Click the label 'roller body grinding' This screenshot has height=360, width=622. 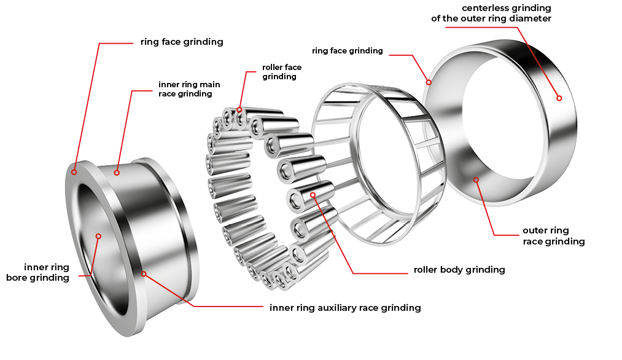(x=459, y=270)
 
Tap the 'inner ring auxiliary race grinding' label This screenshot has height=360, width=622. (x=345, y=308)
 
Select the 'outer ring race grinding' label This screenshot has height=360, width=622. (x=554, y=236)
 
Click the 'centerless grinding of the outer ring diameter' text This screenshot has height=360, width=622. (x=491, y=13)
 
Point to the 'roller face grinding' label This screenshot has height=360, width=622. (x=282, y=72)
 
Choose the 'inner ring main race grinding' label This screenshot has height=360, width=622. (x=189, y=89)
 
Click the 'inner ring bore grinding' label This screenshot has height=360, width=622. (x=37, y=272)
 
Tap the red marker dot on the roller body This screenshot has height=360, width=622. (x=313, y=195)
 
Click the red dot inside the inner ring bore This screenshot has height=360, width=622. (x=98, y=236)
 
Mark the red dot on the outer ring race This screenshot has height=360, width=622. (x=476, y=180)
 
